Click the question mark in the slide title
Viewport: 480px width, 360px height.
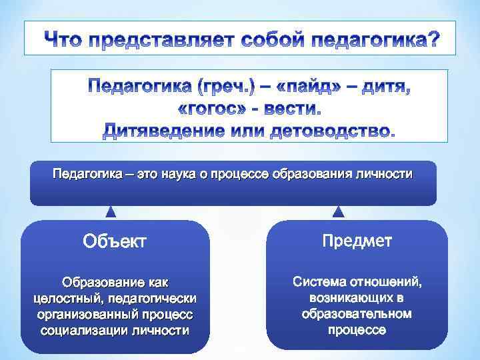433,41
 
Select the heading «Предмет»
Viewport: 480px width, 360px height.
357,241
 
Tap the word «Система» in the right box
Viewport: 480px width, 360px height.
319,282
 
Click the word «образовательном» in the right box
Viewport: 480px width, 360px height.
356,313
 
